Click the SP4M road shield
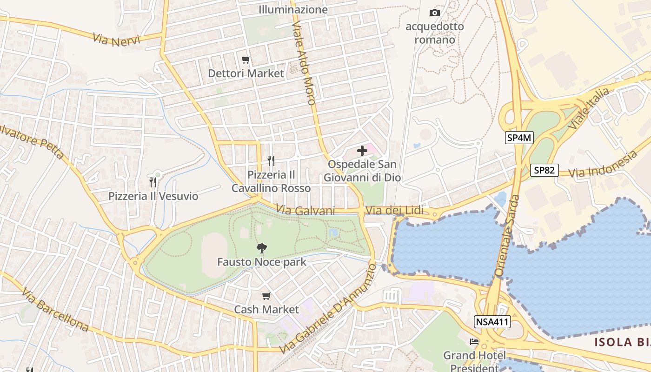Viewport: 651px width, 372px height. (x=519, y=137)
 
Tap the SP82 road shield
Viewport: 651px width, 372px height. (x=544, y=170)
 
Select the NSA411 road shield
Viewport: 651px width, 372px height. (x=492, y=321)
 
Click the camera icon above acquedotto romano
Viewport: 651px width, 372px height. (x=435, y=13)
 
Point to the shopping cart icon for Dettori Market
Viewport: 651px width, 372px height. (x=246, y=60)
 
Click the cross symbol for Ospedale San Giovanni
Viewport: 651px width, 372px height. (x=362, y=150)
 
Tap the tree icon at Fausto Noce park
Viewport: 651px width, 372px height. (x=262, y=248)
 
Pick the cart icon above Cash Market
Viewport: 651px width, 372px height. (x=266, y=296)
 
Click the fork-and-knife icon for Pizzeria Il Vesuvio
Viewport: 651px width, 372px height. (x=153, y=182)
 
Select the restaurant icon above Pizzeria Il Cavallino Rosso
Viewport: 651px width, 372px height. (x=271, y=161)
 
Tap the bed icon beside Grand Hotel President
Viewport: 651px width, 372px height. (x=474, y=342)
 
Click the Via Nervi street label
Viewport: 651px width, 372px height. (x=116, y=39)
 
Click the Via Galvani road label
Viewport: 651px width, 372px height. (x=306, y=210)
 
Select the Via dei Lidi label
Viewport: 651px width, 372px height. (x=394, y=211)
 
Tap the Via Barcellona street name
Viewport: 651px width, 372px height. (x=55, y=309)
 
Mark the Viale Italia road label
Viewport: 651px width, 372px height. (x=589, y=109)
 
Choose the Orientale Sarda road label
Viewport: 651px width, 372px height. (x=507, y=236)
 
